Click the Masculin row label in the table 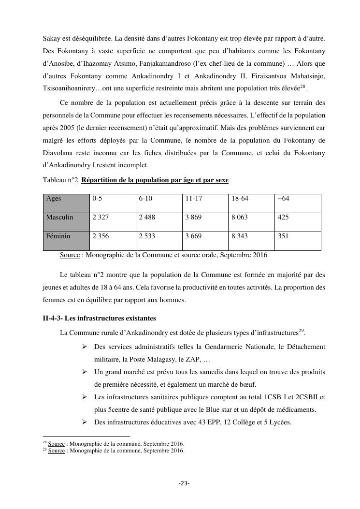pyautogui.click(x=59, y=218)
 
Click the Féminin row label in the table pyautogui.click(x=58, y=236)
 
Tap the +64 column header pyautogui.click(x=283, y=199)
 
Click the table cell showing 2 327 pyautogui.click(x=101, y=218)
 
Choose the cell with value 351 pyautogui.click(x=283, y=236)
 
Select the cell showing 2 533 pyautogui.click(x=147, y=236)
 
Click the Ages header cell pyautogui.click(x=54, y=199)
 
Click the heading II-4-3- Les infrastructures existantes pyautogui.click(x=100, y=318)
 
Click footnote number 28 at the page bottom pyautogui.click(x=45, y=442)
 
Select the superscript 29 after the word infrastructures pyautogui.click(x=301, y=331)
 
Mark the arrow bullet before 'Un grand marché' pyautogui.click(x=84, y=372)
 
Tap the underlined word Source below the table pyautogui.click(x=70, y=255)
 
